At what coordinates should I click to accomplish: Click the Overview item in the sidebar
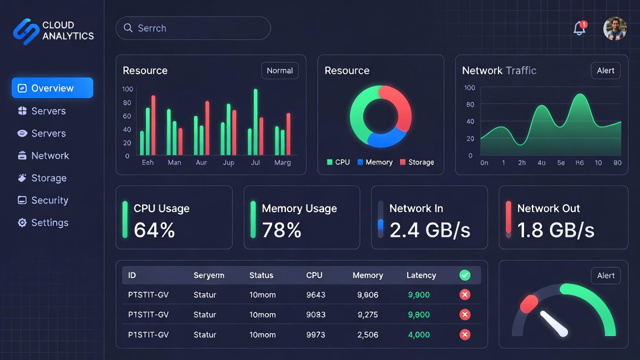[x=52, y=88]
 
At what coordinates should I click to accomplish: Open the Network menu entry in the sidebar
[x=50, y=155]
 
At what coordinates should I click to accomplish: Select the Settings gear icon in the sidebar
[x=22, y=222]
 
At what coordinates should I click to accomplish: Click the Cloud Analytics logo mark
[x=25, y=31]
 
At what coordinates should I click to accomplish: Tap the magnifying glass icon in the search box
[x=128, y=28]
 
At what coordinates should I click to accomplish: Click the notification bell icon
[x=579, y=28]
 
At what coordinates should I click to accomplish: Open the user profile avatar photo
[x=614, y=28]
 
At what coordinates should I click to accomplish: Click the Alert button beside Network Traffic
[x=605, y=70]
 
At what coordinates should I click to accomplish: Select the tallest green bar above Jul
[x=255, y=122]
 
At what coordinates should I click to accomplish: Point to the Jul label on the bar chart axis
[x=255, y=162]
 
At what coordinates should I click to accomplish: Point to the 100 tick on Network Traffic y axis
[x=469, y=87]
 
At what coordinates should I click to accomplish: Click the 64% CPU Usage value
[x=154, y=230]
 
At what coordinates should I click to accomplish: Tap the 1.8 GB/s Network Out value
[x=555, y=230]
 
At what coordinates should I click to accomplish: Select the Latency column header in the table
[x=421, y=275]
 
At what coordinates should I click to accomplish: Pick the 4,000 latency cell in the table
[x=418, y=334]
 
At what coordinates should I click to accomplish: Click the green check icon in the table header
[x=465, y=275]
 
